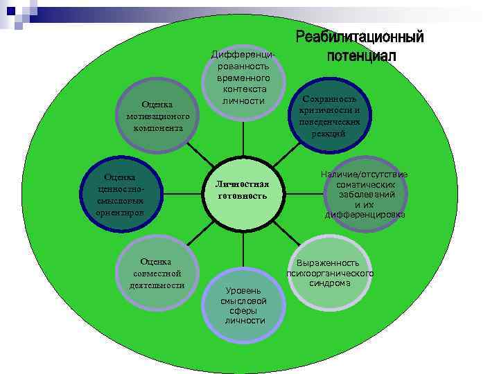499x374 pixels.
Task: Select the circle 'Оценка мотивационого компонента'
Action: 159,115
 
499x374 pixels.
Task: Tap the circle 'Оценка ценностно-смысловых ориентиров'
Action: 122,194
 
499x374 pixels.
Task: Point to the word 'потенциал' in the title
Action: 361,55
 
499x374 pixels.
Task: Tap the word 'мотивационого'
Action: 158,116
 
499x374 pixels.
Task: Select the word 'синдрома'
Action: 330,283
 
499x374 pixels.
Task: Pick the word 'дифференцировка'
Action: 365,215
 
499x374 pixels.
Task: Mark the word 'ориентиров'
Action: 121,212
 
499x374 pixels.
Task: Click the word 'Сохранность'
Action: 329,99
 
